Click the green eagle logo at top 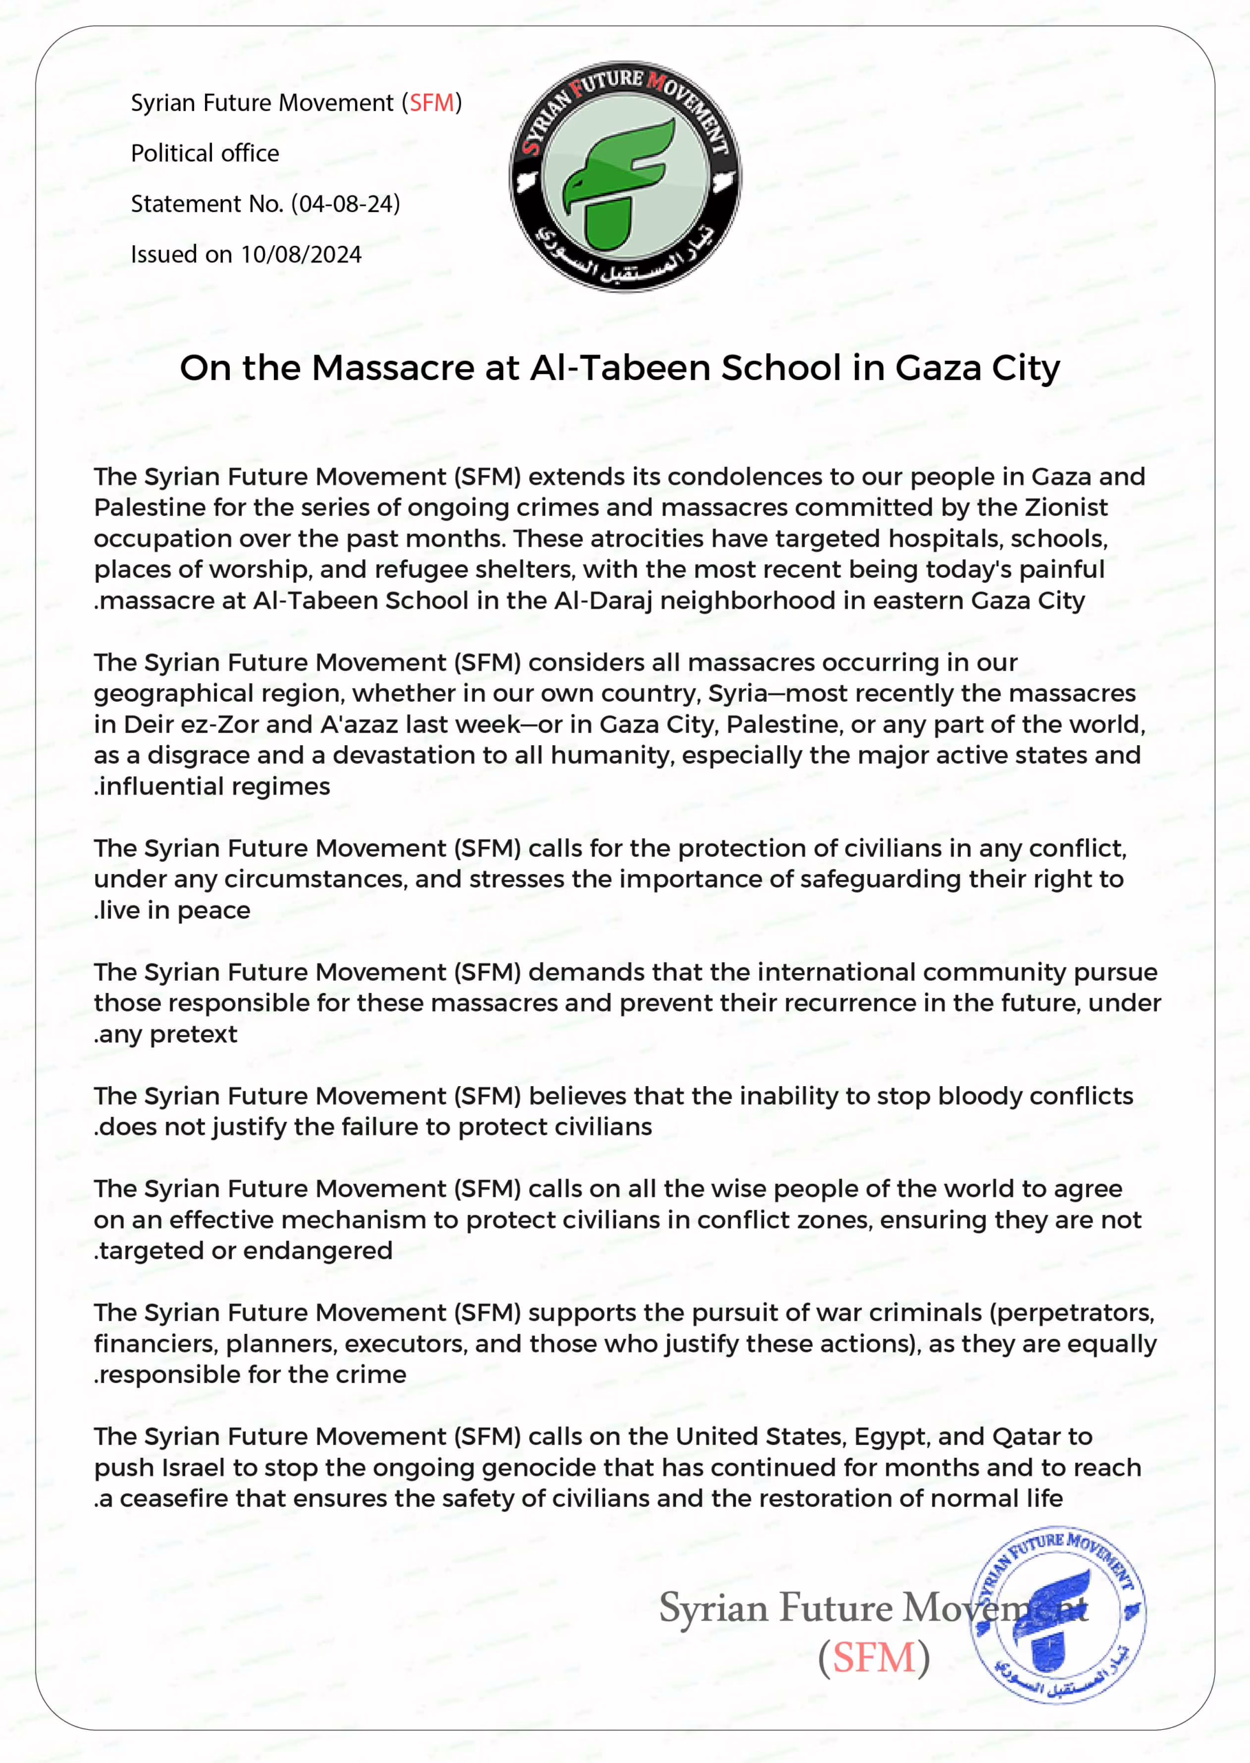[625, 176]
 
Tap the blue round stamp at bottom [1057, 1614]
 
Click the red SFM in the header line [431, 103]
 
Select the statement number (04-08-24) [346, 204]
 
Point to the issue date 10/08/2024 [301, 255]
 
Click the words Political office [204, 153]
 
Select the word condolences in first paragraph [741, 477]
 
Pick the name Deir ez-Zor [191, 724]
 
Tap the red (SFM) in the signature [873, 1657]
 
